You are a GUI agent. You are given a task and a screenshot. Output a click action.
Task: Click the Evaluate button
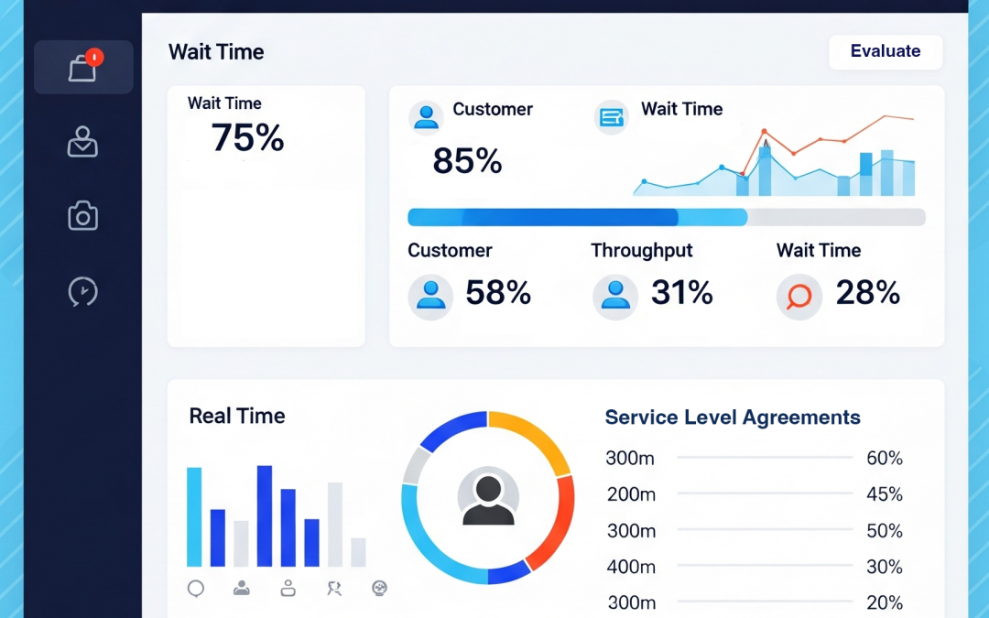pyautogui.click(x=885, y=51)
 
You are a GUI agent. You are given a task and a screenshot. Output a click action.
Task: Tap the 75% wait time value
pyautogui.click(x=247, y=138)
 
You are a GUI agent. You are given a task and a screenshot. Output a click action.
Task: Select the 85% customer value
pyautogui.click(x=467, y=162)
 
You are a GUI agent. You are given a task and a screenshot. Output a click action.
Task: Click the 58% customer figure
pyautogui.click(x=498, y=293)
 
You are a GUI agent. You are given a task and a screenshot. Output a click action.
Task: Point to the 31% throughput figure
pyautogui.click(x=681, y=293)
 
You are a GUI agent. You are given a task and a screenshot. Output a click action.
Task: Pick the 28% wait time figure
pyautogui.click(x=867, y=293)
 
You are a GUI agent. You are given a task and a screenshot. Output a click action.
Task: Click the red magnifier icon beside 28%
pyautogui.click(x=799, y=296)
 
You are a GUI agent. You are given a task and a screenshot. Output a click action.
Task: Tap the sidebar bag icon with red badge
pyautogui.click(x=83, y=67)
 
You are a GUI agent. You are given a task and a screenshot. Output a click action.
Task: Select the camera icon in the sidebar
pyautogui.click(x=83, y=216)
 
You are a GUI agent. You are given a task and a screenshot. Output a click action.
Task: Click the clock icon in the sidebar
pyautogui.click(x=83, y=291)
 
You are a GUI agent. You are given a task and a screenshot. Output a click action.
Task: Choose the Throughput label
pyautogui.click(x=641, y=251)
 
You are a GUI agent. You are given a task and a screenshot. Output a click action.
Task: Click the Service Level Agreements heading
pyautogui.click(x=733, y=418)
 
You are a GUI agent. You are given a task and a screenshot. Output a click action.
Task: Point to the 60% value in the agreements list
pyautogui.click(x=885, y=459)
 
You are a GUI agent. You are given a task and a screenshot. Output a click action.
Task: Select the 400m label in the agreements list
pyautogui.click(x=631, y=568)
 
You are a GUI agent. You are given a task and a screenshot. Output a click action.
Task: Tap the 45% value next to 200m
pyautogui.click(x=885, y=494)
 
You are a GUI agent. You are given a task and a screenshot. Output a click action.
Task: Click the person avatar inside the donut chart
pyautogui.click(x=488, y=499)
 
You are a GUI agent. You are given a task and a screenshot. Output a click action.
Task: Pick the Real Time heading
pyautogui.click(x=237, y=417)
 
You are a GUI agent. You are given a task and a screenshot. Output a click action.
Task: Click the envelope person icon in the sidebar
pyautogui.click(x=83, y=142)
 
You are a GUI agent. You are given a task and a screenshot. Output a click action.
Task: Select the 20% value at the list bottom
pyautogui.click(x=885, y=602)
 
